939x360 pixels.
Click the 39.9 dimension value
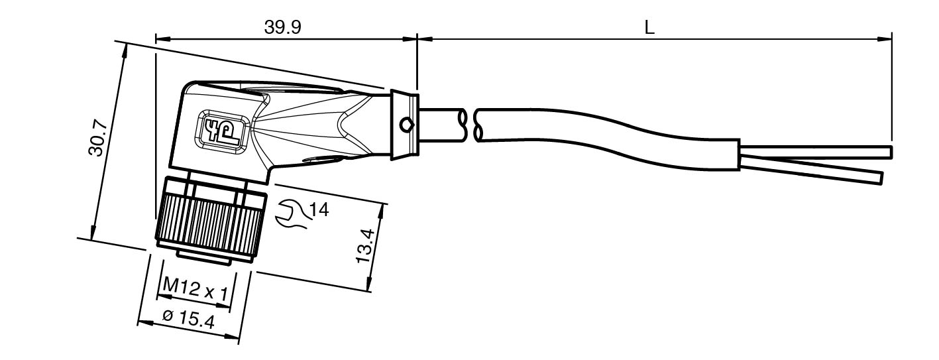point(282,28)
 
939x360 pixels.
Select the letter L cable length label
point(649,28)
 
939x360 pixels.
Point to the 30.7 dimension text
point(98,138)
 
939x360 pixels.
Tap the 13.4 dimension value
point(365,246)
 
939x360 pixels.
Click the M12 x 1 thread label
point(195,288)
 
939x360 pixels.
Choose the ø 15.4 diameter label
point(189,320)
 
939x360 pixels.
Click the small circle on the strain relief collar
point(406,125)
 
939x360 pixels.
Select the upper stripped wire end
point(815,152)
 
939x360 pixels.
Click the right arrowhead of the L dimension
point(885,39)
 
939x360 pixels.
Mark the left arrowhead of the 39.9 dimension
point(162,39)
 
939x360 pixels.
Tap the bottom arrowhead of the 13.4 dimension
point(369,284)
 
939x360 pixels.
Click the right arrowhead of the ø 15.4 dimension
point(232,337)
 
